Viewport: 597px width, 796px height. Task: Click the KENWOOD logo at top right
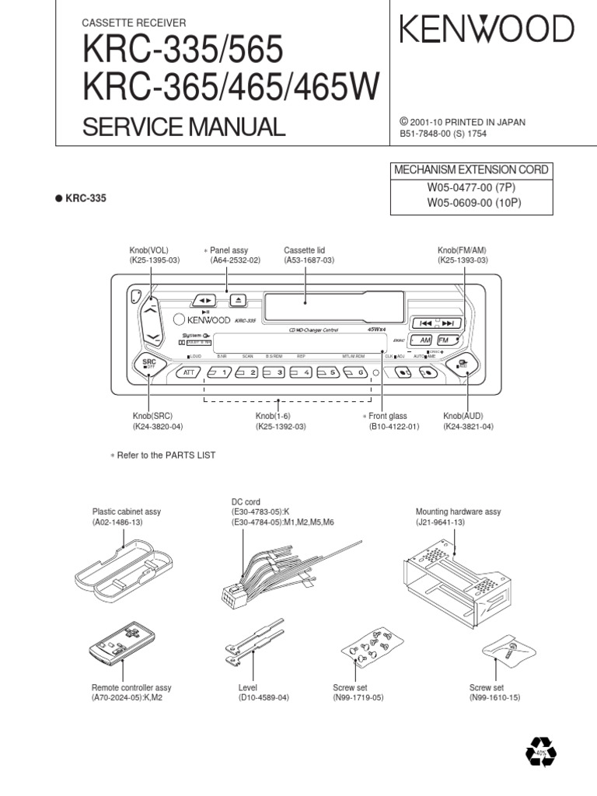click(x=487, y=30)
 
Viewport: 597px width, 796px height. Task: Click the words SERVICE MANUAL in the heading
click(x=184, y=126)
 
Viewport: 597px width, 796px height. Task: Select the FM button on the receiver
click(x=446, y=340)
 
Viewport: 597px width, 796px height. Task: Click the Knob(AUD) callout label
click(x=463, y=417)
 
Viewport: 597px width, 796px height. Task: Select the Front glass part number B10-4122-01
click(x=394, y=427)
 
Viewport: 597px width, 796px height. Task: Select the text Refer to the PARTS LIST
click(x=166, y=455)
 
